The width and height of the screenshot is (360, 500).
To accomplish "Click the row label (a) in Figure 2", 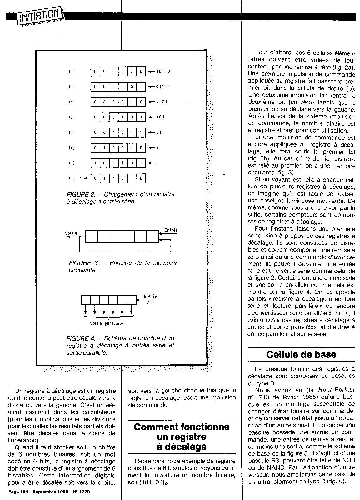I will (72, 72).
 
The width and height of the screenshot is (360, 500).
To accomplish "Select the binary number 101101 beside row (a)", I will (165, 71).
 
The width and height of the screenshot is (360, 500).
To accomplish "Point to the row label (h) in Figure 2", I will (72, 178).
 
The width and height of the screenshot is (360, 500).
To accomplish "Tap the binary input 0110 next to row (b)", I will (162, 87).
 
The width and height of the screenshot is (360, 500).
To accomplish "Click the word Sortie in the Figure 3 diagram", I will (71, 233).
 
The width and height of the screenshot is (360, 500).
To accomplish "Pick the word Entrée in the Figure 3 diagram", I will (171, 230).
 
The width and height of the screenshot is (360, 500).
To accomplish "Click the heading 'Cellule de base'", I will (301, 355).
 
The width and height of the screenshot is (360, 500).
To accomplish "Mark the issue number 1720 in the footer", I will (84, 492).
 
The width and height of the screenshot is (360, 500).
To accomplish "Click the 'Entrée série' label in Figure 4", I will (150, 299).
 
